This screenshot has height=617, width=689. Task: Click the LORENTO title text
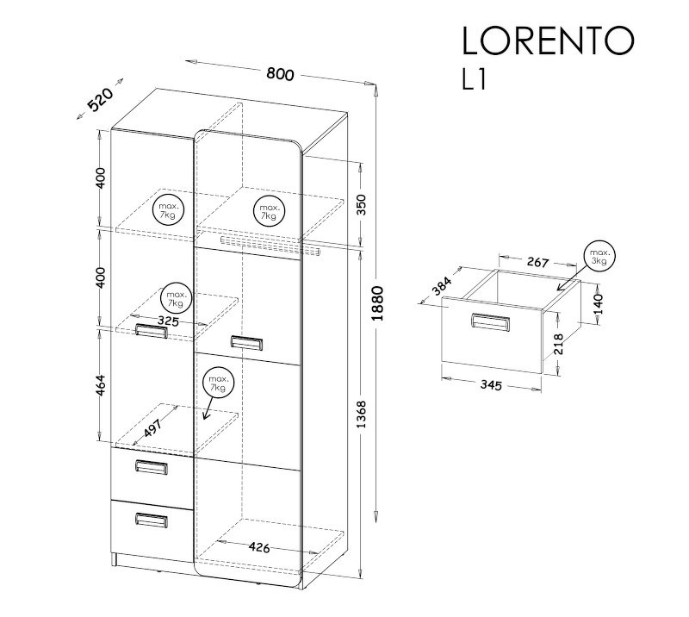[x=548, y=41]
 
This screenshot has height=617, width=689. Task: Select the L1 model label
[x=475, y=80]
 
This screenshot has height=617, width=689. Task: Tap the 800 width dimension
[x=280, y=74]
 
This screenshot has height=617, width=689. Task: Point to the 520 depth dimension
[x=101, y=99]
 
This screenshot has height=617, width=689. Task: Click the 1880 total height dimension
[x=377, y=303]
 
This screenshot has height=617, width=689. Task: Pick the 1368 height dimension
[x=361, y=414]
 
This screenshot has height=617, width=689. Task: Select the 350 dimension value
[x=361, y=204]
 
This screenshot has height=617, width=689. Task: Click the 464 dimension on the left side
[x=101, y=385]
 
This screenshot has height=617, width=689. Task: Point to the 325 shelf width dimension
[x=168, y=321]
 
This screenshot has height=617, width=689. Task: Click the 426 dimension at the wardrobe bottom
[x=259, y=547]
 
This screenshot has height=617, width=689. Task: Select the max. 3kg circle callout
[x=599, y=257]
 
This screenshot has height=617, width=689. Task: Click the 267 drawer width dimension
[x=537, y=262]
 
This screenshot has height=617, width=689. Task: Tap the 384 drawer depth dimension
[x=441, y=286]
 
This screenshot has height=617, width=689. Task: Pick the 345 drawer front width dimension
[x=491, y=385]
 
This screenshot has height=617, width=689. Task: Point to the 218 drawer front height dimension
[x=558, y=344]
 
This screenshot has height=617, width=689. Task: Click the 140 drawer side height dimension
[x=598, y=304]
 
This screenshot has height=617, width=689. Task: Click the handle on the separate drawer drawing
[x=491, y=322]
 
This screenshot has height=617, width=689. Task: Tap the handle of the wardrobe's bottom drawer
[x=152, y=520]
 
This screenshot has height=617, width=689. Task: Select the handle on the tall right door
[x=246, y=343]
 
